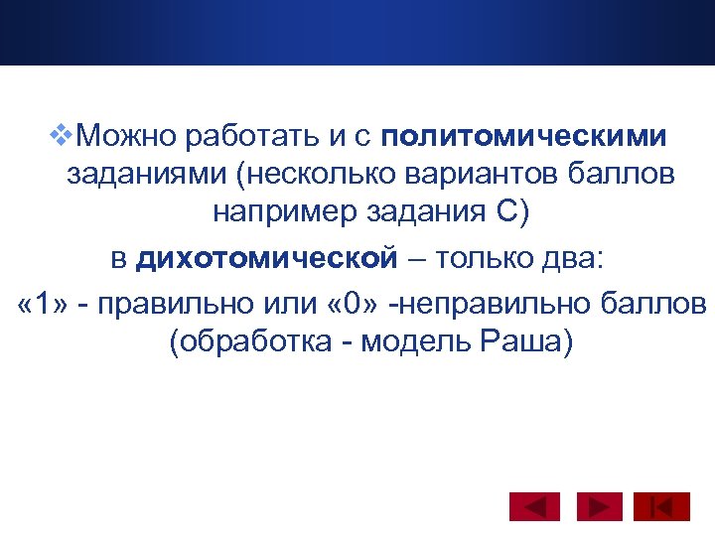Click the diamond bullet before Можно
coord(65,132)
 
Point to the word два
coord(579,260)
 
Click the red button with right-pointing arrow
coord(598,507)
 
